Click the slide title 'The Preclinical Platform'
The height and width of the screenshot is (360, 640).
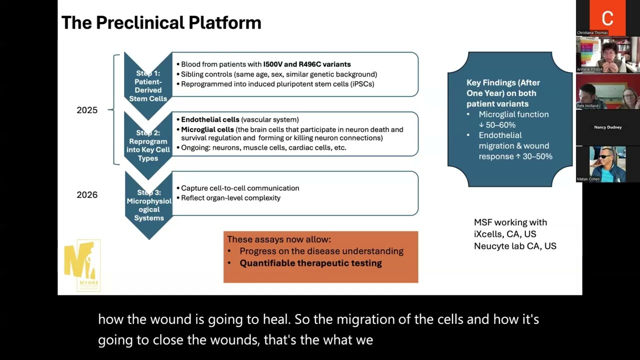point(161,23)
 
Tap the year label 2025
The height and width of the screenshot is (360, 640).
point(87,110)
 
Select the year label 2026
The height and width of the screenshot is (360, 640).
point(87,195)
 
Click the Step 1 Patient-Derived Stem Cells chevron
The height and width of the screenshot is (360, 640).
point(148,85)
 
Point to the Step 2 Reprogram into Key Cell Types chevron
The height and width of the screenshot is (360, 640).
point(148,145)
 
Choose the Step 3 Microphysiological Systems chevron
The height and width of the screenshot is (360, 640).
point(148,205)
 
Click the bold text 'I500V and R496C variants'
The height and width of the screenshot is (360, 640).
point(307,64)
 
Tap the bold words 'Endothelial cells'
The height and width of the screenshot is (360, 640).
point(210,120)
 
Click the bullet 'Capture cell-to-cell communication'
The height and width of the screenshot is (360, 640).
point(240,188)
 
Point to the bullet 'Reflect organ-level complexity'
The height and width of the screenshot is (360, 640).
point(230,198)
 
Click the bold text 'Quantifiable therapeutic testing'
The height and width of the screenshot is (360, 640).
point(310,263)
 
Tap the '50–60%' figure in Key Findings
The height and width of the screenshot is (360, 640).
point(500,125)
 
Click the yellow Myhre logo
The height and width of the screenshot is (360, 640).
point(82,265)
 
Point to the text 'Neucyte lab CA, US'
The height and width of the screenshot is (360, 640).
point(515,246)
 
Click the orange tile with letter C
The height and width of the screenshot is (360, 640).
point(607,18)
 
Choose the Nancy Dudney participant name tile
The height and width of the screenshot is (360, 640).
point(607,127)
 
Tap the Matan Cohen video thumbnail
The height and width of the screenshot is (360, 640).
point(607,164)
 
